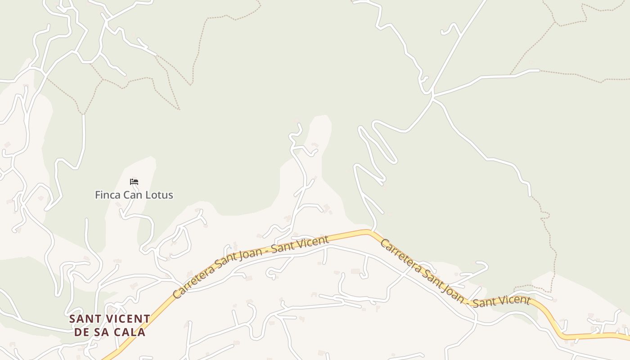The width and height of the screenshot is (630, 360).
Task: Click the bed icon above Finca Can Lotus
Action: (x=134, y=182)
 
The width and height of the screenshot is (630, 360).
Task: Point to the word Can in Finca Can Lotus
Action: (x=134, y=195)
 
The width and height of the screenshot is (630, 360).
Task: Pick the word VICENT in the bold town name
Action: (x=128, y=319)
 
